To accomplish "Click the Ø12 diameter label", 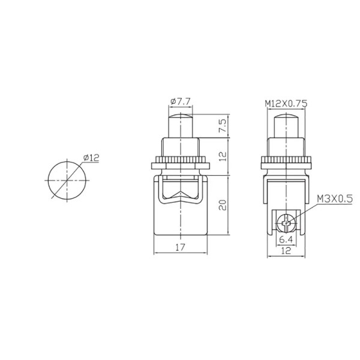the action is (91, 157).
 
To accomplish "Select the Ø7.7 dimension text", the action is (181, 101).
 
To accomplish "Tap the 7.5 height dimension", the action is (222, 125).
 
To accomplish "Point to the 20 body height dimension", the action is (222, 205).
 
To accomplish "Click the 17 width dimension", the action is (180, 247).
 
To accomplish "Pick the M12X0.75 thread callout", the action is (286, 104).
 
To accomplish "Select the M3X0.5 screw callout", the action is (335, 199).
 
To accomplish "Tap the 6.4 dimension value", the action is (286, 239).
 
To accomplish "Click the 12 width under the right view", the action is (286, 250).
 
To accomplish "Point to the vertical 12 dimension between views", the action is (222, 157).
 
